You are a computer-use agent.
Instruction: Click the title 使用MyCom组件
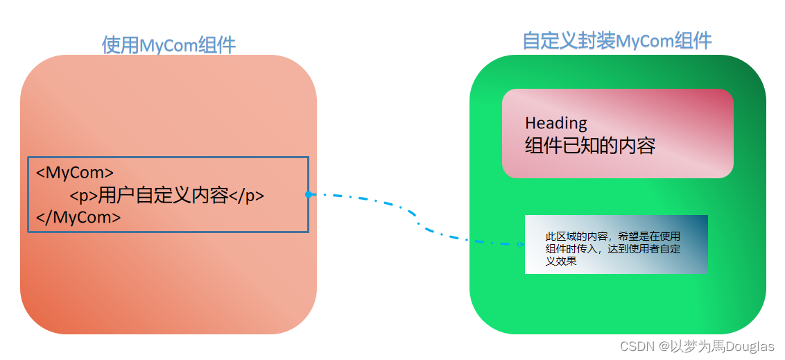169,45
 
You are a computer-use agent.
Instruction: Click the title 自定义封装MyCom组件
616,41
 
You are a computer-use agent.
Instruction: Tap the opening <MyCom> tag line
75,172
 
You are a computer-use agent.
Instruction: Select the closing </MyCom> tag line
78,217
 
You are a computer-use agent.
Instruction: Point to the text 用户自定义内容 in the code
164,196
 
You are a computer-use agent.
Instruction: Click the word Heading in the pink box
555,123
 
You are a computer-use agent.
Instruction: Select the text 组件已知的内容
589,146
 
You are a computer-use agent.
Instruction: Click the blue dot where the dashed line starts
308,195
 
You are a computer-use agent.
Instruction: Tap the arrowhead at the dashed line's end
521,244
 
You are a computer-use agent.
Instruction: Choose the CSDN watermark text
637,346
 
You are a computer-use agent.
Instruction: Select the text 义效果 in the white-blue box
561,262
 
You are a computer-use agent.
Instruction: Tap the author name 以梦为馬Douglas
722,346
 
